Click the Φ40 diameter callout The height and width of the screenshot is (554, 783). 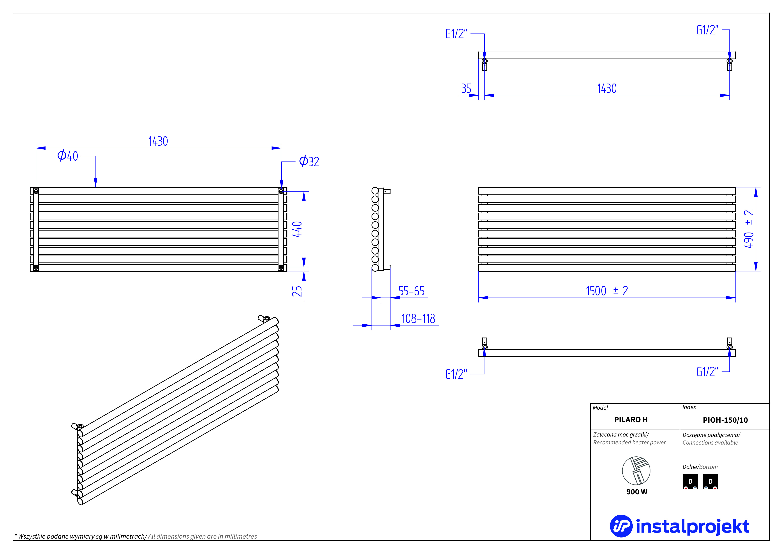[x=68, y=156]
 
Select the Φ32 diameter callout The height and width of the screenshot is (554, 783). [x=309, y=161]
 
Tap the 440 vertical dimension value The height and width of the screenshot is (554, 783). [x=297, y=229]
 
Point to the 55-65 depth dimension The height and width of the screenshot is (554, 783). [x=411, y=291]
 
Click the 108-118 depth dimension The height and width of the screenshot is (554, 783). [x=418, y=319]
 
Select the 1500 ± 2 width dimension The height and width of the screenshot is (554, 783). [x=607, y=291]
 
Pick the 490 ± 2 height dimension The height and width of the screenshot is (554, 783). [x=749, y=229]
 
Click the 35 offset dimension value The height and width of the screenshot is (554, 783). [x=466, y=89]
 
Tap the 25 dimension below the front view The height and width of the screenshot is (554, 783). [x=297, y=291]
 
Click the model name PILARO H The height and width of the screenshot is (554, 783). [x=631, y=420]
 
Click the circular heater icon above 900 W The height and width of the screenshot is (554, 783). [x=636, y=471]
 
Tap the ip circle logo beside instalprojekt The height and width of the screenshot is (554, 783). [x=621, y=526]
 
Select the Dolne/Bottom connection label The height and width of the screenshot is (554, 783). [x=700, y=467]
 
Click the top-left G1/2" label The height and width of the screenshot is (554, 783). [x=456, y=34]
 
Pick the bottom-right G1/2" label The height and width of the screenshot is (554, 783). [x=707, y=371]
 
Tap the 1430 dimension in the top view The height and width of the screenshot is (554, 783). [x=607, y=89]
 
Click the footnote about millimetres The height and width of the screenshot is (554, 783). [x=136, y=536]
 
